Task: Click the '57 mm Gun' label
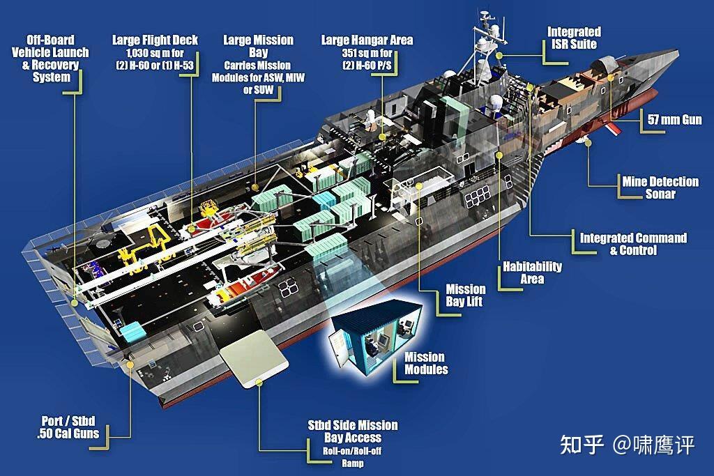click(674, 120)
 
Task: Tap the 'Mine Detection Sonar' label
click(660, 187)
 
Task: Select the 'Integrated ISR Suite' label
click(574, 38)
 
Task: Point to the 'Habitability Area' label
click(532, 272)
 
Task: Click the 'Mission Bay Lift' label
click(465, 295)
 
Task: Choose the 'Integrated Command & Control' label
click(633, 244)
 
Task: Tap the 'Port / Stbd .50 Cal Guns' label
click(68, 427)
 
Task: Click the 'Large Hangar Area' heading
click(367, 40)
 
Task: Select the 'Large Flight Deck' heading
click(155, 40)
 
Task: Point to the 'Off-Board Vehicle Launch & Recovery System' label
click(50, 59)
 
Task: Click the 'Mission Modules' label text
click(426, 363)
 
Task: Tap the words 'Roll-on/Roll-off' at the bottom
click(352, 451)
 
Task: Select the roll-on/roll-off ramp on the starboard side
click(254, 359)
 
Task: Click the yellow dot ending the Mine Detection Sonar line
click(588, 143)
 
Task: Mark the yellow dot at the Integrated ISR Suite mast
click(499, 56)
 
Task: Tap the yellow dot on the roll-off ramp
click(259, 382)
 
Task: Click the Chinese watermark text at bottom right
click(627, 445)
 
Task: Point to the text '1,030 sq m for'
click(155, 53)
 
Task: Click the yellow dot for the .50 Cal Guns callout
click(130, 364)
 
